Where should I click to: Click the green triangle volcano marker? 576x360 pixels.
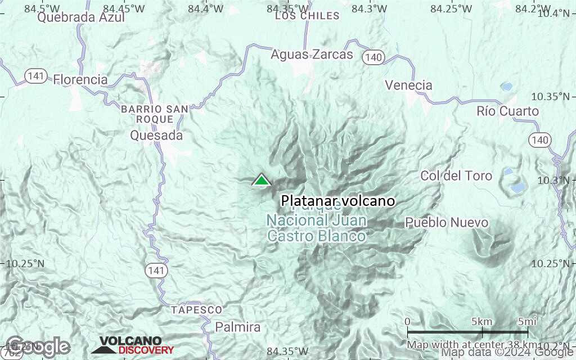tap(261, 180)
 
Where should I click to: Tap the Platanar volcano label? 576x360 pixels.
tap(337, 201)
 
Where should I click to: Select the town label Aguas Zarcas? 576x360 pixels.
tap(312, 55)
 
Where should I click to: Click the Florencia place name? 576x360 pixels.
tap(80, 79)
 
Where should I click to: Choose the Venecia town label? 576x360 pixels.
tap(408, 85)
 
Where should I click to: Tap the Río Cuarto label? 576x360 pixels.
tap(507, 111)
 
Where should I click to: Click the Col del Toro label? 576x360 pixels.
tap(456, 176)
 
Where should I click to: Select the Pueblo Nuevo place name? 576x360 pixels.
tap(447, 223)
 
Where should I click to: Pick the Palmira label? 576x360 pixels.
tap(238, 327)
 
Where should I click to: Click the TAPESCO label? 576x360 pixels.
tap(197, 310)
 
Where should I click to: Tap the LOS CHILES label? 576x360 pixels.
tap(307, 16)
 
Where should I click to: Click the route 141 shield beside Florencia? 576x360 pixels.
tap(36, 76)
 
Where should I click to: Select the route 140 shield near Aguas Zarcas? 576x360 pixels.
tap(373, 57)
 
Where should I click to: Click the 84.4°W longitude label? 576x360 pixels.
tap(206, 8)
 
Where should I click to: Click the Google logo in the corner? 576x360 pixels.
tap(38, 346)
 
